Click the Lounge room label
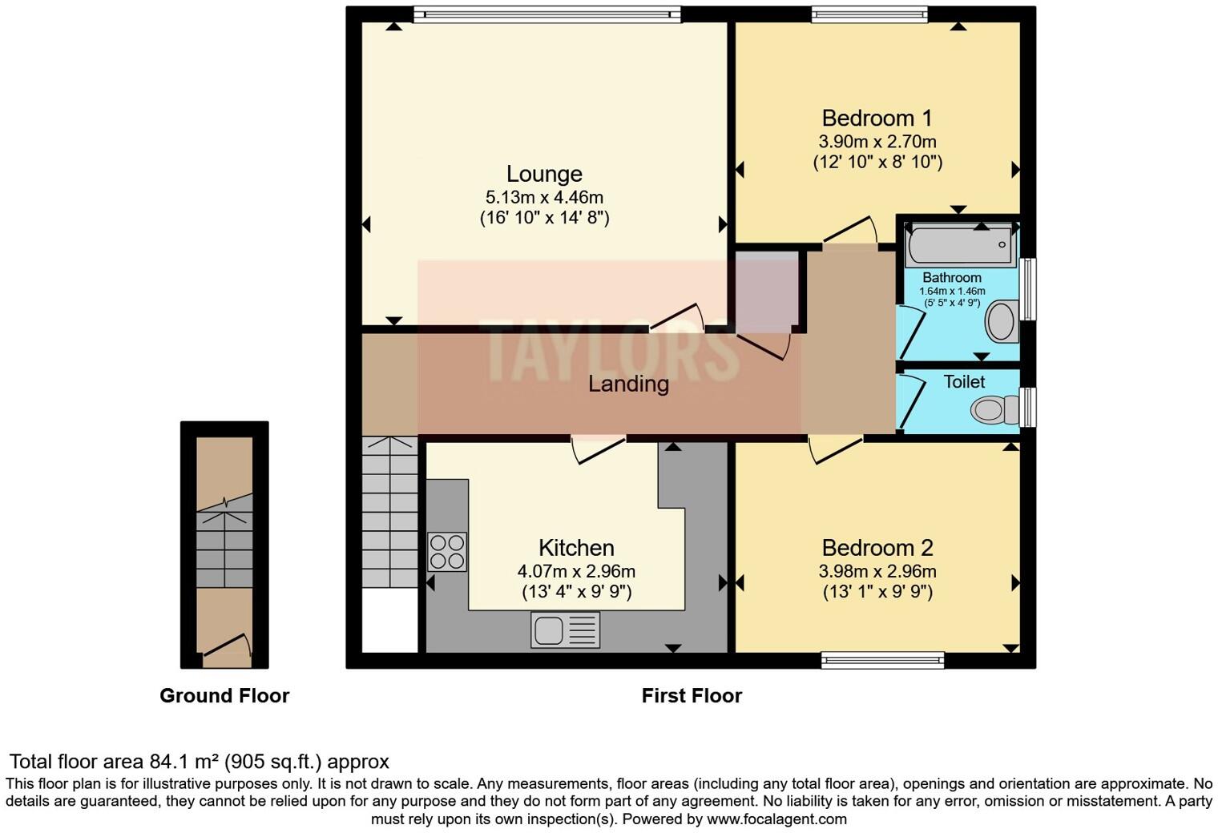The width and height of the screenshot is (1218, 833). tap(544, 174)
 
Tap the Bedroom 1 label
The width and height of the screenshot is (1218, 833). tap(877, 119)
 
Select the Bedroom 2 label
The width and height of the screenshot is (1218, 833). tap(877, 548)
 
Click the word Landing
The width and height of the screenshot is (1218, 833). tap(628, 384)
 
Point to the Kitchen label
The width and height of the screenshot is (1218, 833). tap(576, 548)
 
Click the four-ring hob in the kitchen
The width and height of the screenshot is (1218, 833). tap(447, 551)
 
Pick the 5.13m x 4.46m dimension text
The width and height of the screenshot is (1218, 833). tap(544, 197)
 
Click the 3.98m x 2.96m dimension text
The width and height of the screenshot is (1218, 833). tap(877, 571)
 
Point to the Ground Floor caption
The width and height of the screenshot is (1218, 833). tap(224, 695)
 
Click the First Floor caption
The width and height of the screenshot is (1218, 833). tap(692, 695)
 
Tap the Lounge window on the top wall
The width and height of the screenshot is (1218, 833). tap(547, 14)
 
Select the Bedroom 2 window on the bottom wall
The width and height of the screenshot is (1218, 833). tap(882, 660)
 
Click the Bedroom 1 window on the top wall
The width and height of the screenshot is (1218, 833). tap(869, 14)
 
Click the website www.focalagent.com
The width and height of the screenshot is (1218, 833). tap(776, 819)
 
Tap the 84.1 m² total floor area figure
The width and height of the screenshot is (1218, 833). tap(184, 761)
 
